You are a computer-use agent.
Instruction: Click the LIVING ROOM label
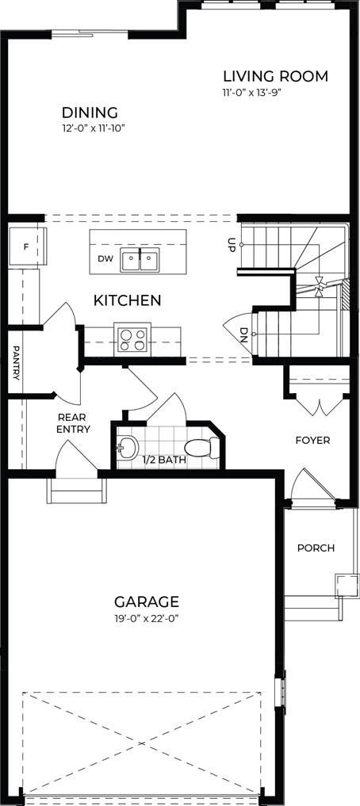(x=275, y=77)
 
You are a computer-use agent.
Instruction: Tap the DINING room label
(x=90, y=112)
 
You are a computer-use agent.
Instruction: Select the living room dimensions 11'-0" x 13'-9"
(x=252, y=93)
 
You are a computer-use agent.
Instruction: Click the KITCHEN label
(x=127, y=300)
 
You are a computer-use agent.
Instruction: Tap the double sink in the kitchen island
(x=140, y=260)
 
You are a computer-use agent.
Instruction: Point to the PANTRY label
(x=15, y=363)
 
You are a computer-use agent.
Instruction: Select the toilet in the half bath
(x=201, y=448)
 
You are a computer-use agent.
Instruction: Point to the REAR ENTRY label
(x=74, y=423)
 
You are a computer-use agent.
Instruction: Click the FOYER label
(x=312, y=441)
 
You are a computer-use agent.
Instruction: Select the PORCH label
(x=316, y=548)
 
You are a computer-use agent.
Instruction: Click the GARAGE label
(x=147, y=601)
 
